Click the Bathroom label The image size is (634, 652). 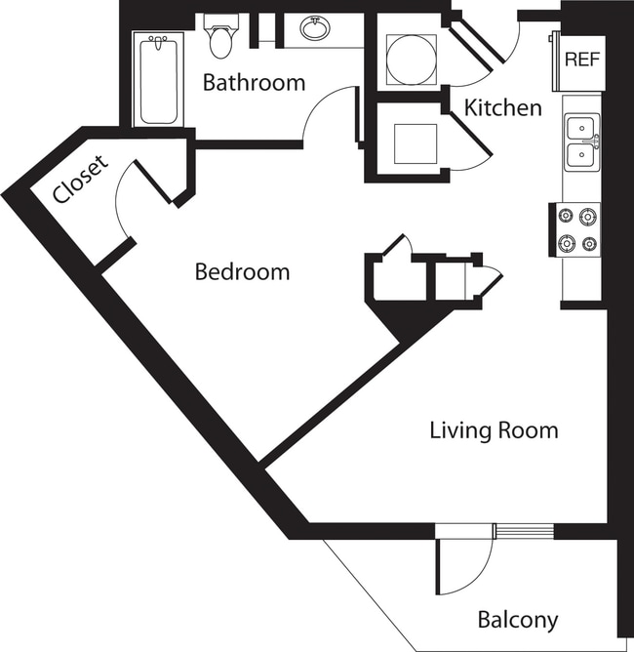(x=254, y=83)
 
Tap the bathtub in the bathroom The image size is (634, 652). (x=158, y=80)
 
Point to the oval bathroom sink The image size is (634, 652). (x=314, y=29)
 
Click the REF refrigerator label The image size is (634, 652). (x=583, y=58)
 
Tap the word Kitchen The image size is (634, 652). (x=502, y=107)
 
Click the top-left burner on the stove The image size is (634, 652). (x=566, y=216)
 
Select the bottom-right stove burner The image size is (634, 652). (x=589, y=243)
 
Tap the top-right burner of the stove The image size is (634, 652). (x=589, y=216)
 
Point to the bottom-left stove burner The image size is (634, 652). (x=566, y=243)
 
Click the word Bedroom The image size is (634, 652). (x=242, y=271)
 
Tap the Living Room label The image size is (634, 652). (x=494, y=429)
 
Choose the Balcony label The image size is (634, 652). (x=518, y=619)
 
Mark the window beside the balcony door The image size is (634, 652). (x=525, y=531)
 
